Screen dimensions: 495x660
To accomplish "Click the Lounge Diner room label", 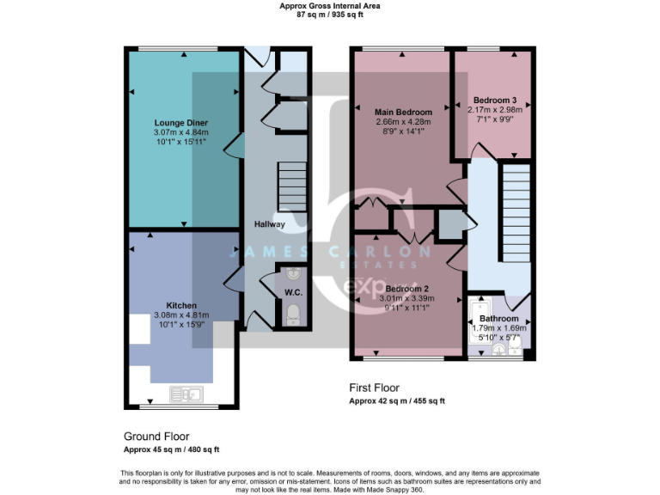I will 180,123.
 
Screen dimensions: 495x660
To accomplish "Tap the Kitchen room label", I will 181,305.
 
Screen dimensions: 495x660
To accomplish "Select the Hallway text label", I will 269,224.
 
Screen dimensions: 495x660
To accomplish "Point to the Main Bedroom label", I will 403,113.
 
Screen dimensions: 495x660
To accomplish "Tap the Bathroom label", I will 499,318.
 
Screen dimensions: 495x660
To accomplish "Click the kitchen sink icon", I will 186,394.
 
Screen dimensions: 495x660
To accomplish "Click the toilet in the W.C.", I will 292,313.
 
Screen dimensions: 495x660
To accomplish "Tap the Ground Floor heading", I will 156,437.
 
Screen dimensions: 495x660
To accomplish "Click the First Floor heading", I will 374,388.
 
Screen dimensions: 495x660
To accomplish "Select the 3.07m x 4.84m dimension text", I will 180,132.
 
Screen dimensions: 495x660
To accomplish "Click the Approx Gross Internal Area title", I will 330,6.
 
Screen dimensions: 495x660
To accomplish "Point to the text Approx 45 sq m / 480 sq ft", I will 171,449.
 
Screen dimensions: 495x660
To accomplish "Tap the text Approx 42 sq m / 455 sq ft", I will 396,400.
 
